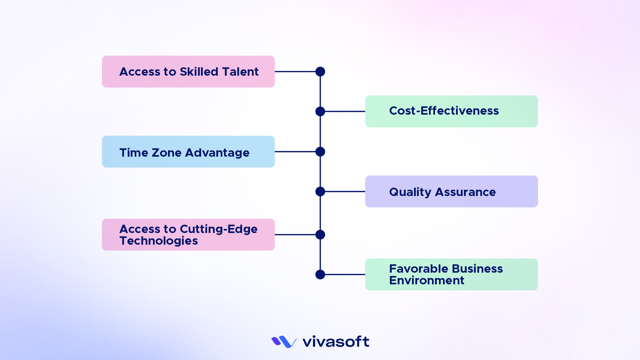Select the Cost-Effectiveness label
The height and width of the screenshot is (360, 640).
click(444, 111)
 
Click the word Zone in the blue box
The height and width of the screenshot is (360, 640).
click(166, 153)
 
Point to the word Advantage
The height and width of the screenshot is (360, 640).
click(217, 153)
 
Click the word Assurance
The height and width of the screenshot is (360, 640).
click(465, 192)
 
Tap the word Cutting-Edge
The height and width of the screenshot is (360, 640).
click(218, 229)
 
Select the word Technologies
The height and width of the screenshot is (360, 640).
click(159, 241)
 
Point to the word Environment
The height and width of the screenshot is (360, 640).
click(426, 281)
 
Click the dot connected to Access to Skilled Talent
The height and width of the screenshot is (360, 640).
click(320, 72)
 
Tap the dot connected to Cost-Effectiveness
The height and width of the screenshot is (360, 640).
click(320, 111)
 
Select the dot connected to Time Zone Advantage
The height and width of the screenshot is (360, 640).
click(320, 152)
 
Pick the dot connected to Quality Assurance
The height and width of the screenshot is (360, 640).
click(320, 192)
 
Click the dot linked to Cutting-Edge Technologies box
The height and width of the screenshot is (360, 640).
click(320, 235)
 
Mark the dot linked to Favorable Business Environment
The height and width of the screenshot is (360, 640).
click(320, 275)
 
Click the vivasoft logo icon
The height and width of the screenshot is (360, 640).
click(284, 342)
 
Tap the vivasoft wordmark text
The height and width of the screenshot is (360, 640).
click(335, 342)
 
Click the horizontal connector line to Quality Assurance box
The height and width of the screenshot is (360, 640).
click(345, 192)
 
